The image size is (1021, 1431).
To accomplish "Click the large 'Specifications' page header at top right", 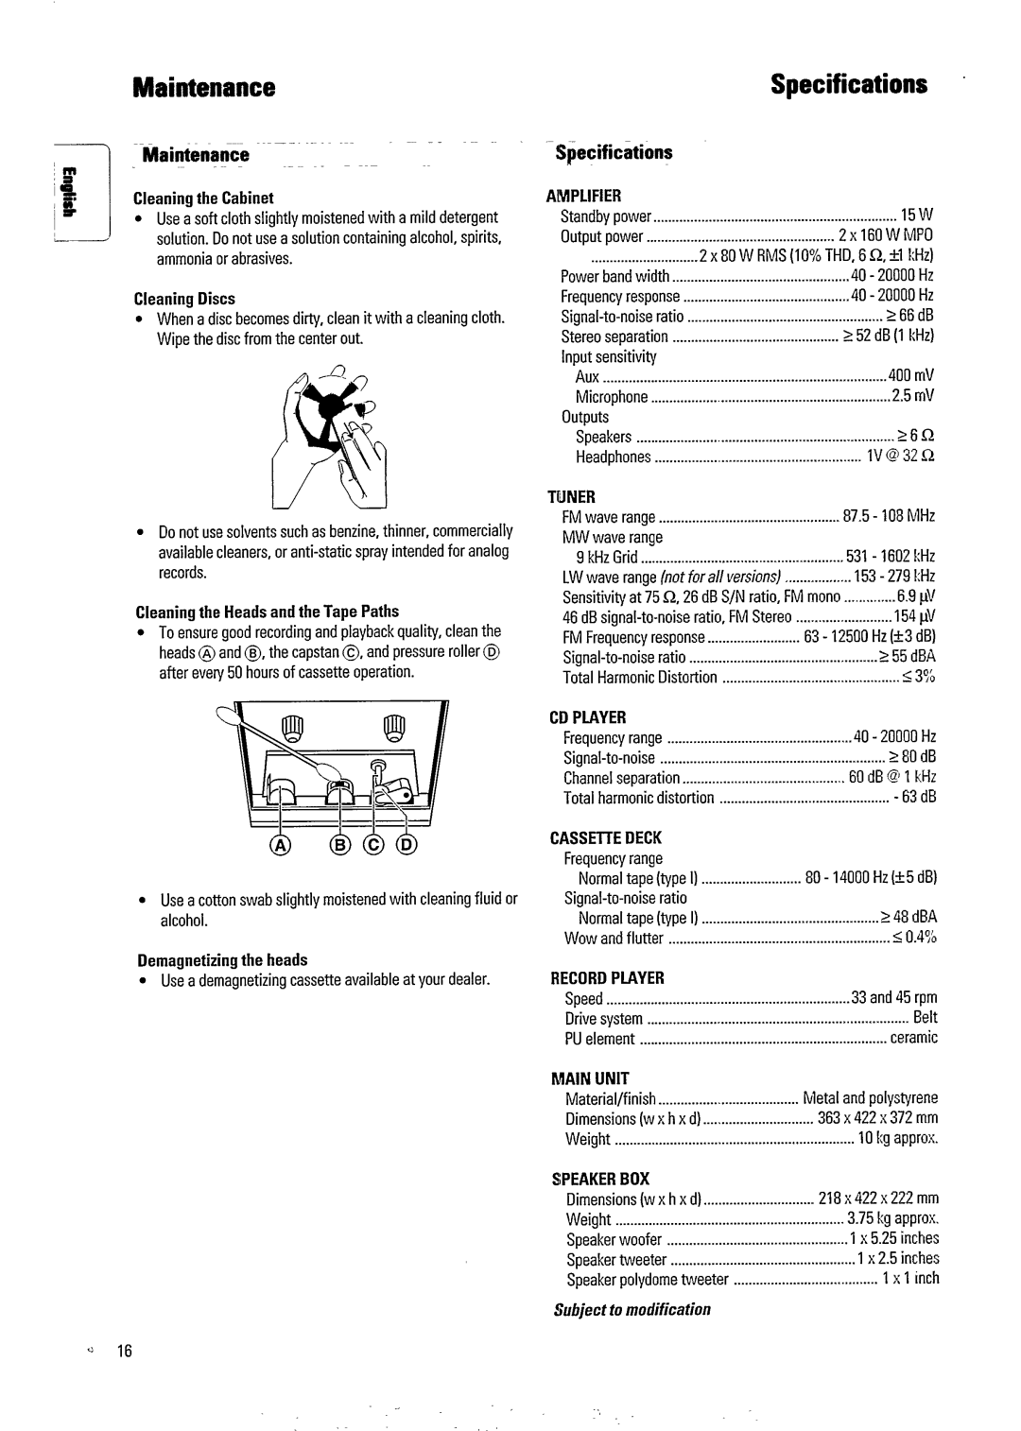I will click(848, 85).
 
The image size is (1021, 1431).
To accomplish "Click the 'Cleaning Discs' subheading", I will click(184, 299).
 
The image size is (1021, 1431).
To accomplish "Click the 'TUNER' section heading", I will click(573, 496).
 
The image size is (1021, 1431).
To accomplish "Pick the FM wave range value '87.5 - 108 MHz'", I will click(888, 516).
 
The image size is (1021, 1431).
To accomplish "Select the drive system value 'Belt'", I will click(925, 1018).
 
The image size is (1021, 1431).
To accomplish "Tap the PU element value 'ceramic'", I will click(913, 1038).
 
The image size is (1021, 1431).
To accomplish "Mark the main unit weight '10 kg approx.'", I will click(897, 1139).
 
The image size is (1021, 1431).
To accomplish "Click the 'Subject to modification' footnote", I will click(632, 1309).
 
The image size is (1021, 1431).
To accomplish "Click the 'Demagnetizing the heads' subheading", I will click(221, 960).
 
